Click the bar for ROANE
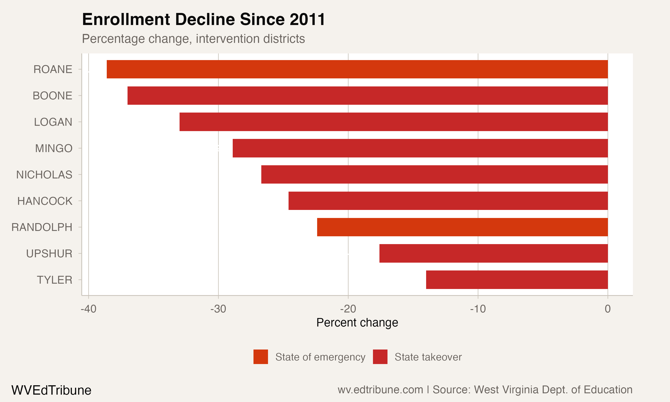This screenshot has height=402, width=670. tap(357, 69)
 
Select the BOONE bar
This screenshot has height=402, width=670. tap(368, 96)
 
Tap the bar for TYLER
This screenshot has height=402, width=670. tap(517, 280)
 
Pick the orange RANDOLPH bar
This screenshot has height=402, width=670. tap(462, 227)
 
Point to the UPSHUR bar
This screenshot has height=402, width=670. tap(493, 253)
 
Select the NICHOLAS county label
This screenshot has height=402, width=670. tap(44, 175)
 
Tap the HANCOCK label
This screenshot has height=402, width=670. tap(45, 201)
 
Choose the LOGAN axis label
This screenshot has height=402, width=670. tap(53, 122)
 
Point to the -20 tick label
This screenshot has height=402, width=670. tap(348, 309)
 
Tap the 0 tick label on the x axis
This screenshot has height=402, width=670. tap(608, 309)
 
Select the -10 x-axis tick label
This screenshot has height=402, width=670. tap(478, 309)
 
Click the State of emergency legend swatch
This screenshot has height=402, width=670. tap(261, 357)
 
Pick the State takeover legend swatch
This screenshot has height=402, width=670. tap(380, 357)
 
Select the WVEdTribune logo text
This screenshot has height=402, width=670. tap(51, 390)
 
